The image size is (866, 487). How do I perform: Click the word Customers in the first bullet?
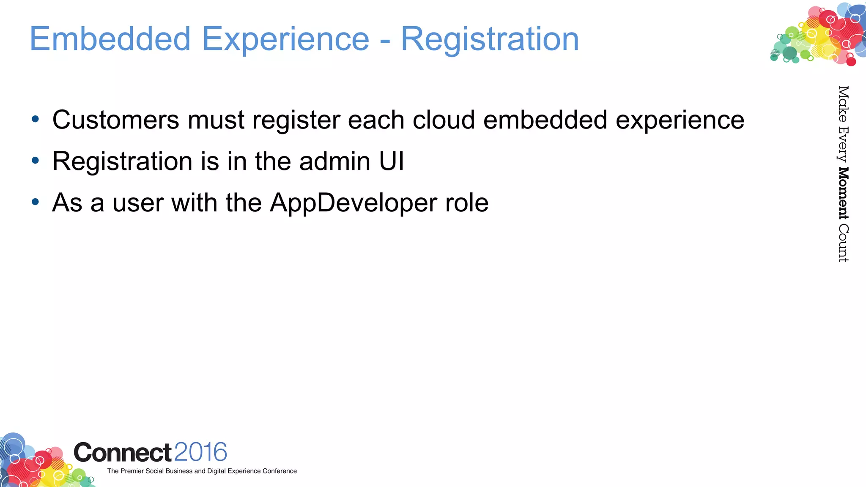[116, 120]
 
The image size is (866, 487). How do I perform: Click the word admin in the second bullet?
[334, 161]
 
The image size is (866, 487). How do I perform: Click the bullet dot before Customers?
[36, 120]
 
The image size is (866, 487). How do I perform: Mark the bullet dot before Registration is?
[36, 161]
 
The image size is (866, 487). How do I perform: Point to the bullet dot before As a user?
[36, 202]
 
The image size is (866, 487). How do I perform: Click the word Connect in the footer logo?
[123, 453]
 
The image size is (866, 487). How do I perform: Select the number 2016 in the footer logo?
[200, 452]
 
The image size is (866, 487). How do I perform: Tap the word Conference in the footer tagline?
[280, 471]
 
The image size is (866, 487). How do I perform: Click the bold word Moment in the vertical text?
[843, 194]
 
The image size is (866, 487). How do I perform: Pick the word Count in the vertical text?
[843, 243]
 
